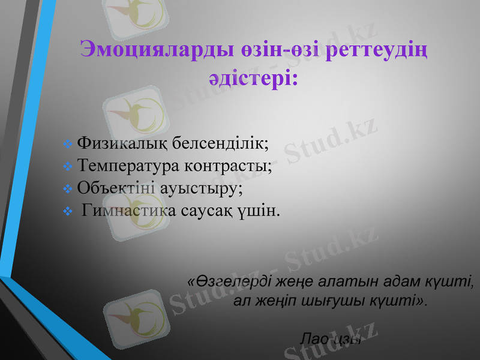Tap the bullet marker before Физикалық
point(67,145)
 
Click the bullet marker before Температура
point(67,167)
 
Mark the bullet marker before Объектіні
point(67,188)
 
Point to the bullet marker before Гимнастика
point(67,211)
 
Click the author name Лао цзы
point(330,338)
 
